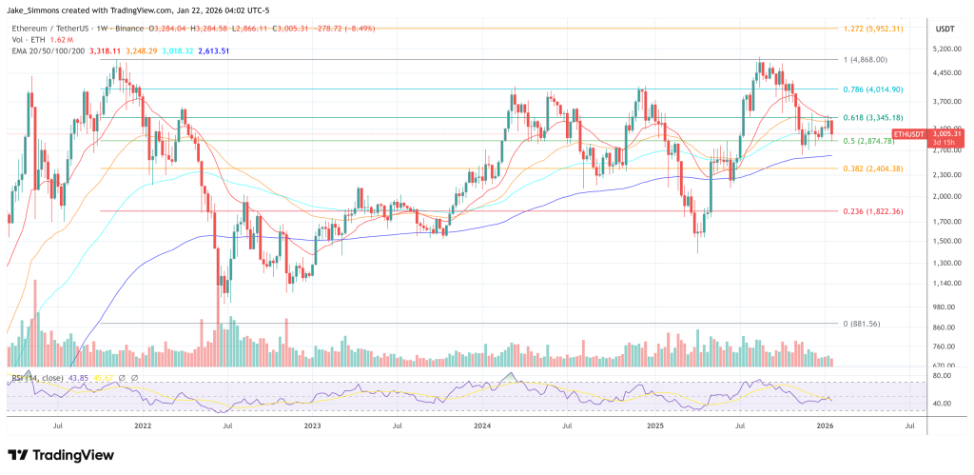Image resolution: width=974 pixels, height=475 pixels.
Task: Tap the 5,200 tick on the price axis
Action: coord(943,49)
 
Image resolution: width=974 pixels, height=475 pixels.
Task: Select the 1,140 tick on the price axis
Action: coord(943,284)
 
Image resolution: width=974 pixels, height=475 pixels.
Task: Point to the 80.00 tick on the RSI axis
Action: coord(942,376)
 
